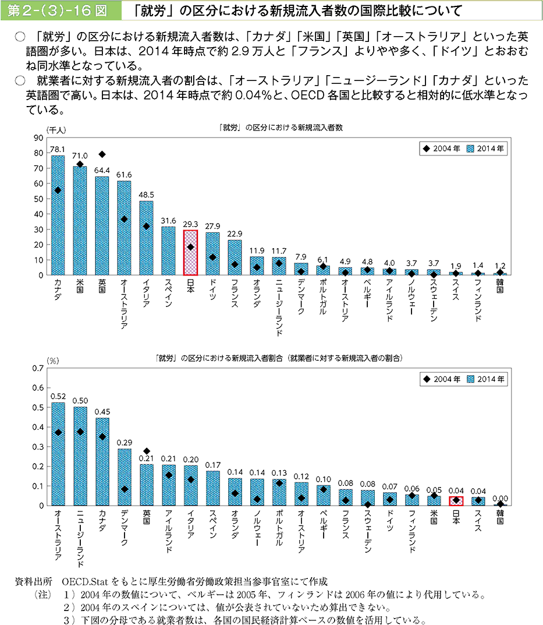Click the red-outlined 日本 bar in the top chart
[x=190, y=252]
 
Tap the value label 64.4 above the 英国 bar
[x=102, y=171]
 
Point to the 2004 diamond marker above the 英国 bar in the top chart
[x=102, y=154]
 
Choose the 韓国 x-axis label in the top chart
[x=499, y=286]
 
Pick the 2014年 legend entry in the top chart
[x=487, y=149]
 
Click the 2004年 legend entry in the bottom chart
[x=442, y=379]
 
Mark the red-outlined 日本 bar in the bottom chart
[x=456, y=501]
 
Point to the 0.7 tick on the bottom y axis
[x=38, y=368]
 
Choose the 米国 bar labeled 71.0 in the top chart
[x=80, y=220]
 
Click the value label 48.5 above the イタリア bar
[x=146, y=195]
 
